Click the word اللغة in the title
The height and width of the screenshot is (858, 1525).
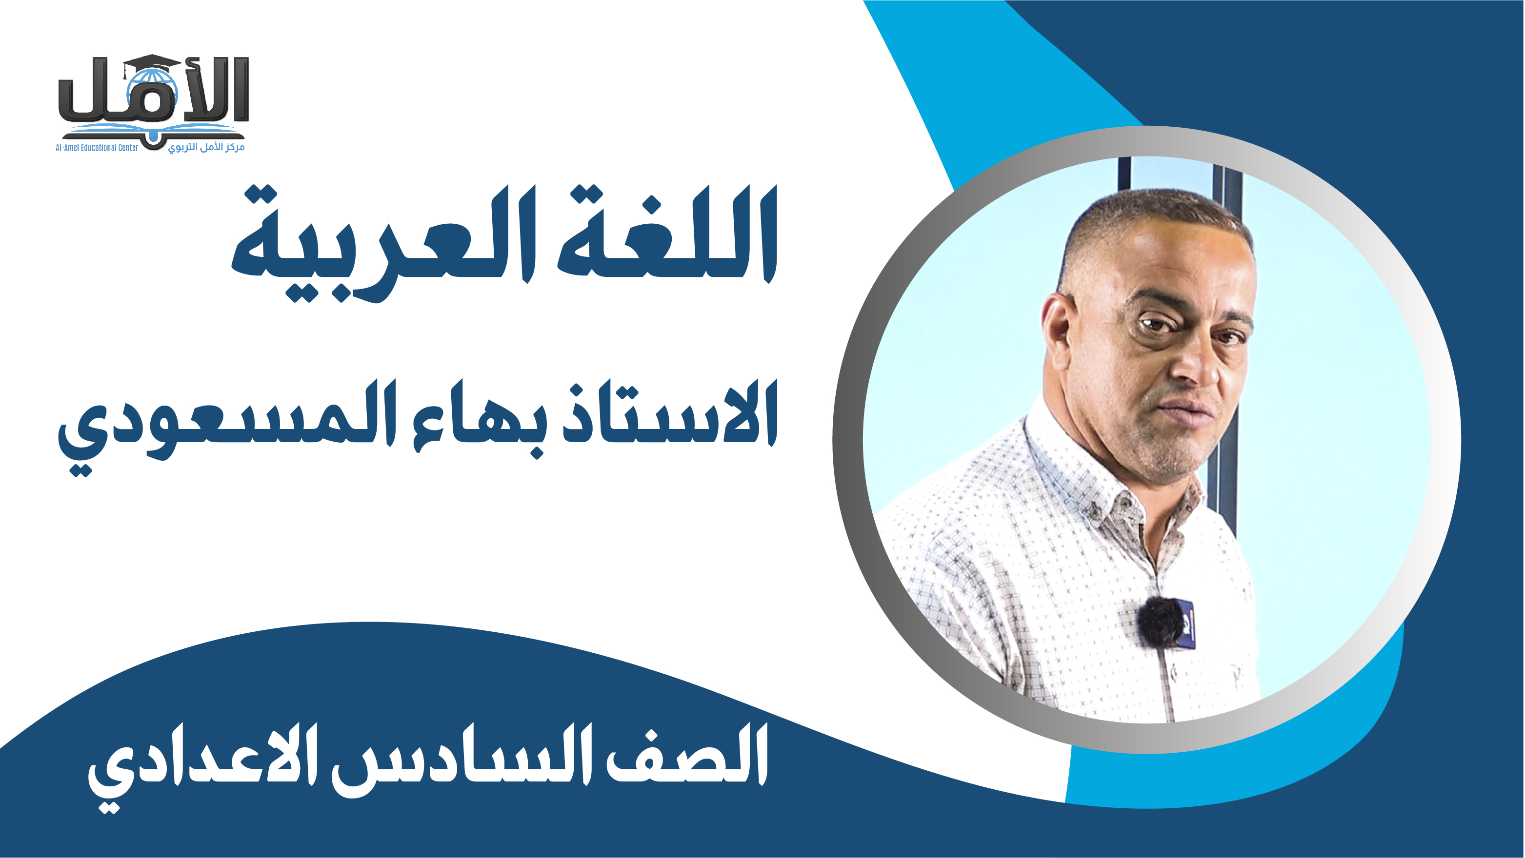tap(667, 234)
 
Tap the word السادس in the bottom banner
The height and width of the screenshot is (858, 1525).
tap(462, 760)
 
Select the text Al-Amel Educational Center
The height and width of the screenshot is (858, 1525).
tap(97, 148)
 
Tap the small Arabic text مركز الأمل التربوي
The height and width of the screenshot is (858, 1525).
tap(206, 147)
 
